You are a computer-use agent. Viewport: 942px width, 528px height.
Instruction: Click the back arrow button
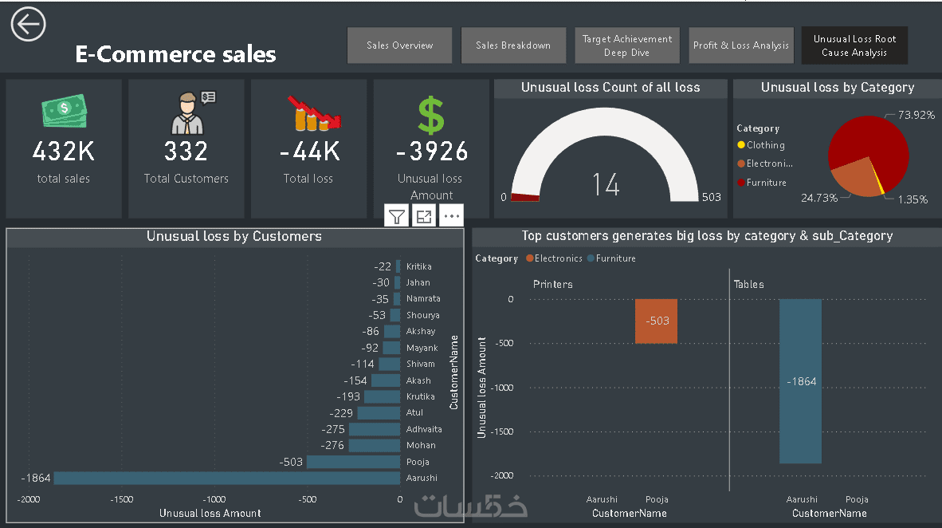pyautogui.click(x=28, y=25)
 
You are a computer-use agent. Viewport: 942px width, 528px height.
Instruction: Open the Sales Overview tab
pyautogui.click(x=399, y=45)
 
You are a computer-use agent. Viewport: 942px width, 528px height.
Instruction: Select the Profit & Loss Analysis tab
pyautogui.click(x=740, y=45)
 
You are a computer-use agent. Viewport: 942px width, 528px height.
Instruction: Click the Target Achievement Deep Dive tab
pyautogui.click(x=626, y=45)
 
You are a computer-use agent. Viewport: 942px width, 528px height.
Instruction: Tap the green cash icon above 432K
pyautogui.click(x=64, y=111)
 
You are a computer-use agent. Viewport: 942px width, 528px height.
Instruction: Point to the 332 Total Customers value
pyautogui.click(x=186, y=151)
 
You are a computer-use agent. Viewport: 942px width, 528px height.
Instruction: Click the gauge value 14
pyautogui.click(x=606, y=184)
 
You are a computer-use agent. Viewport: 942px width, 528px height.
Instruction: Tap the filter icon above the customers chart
pyautogui.click(x=397, y=215)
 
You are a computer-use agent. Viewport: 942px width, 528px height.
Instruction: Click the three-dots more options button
pyautogui.click(x=451, y=215)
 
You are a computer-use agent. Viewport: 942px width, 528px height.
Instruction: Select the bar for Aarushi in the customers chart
pyautogui.click(x=226, y=479)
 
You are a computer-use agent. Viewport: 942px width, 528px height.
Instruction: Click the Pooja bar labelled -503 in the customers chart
pyautogui.click(x=353, y=462)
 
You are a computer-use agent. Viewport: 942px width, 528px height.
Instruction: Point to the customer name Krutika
pyautogui.click(x=420, y=396)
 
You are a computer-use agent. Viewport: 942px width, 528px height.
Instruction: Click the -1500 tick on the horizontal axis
pyautogui.click(x=121, y=498)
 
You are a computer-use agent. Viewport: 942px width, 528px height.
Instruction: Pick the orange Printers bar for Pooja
pyautogui.click(x=656, y=321)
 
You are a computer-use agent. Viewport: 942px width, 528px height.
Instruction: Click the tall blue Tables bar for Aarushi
pyautogui.click(x=800, y=381)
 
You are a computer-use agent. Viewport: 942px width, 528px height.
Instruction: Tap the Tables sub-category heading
pyautogui.click(x=748, y=284)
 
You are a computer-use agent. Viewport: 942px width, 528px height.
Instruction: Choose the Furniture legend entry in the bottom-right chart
pyautogui.click(x=615, y=258)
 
